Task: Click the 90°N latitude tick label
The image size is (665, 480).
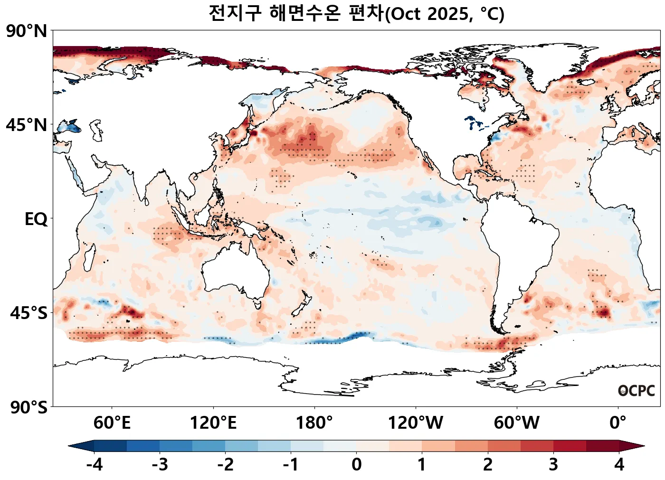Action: pyautogui.click(x=27, y=31)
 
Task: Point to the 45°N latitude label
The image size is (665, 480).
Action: pyautogui.click(x=27, y=125)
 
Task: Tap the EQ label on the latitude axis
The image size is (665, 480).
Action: pyautogui.click(x=36, y=219)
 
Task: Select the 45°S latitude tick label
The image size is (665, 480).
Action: pyautogui.click(x=28, y=313)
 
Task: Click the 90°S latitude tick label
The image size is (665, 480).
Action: pyautogui.click(x=28, y=407)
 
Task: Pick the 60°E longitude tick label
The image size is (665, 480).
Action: pyautogui.click(x=112, y=423)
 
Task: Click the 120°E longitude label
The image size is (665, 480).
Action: pyautogui.click(x=213, y=423)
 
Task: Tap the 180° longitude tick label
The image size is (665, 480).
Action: pyautogui.click(x=314, y=423)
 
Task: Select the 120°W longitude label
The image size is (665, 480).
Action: pyautogui.click(x=416, y=423)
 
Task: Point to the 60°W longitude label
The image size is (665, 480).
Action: pyautogui.click(x=516, y=423)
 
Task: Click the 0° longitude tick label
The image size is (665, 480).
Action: pyautogui.click(x=618, y=423)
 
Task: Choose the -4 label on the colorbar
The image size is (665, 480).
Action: pyautogui.click(x=94, y=465)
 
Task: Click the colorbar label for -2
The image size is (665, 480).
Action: pyautogui.click(x=225, y=465)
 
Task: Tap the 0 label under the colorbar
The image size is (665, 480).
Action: pyautogui.click(x=356, y=465)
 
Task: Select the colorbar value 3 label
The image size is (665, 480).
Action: pyautogui.click(x=553, y=465)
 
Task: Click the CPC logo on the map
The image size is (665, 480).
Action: pyautogui.click(x=636, y=391)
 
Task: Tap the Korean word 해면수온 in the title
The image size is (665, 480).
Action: pyautogui.click(x=304, y=13)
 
